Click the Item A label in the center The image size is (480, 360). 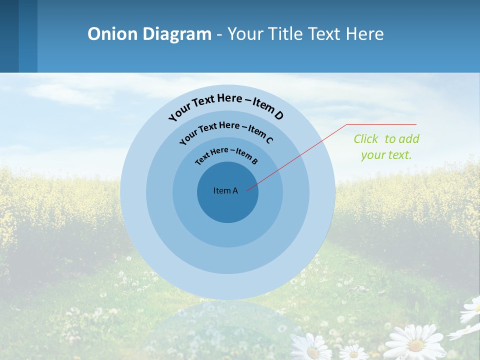[225, 190]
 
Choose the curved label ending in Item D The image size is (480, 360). [226, 104]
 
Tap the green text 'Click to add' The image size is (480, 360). [386, 139]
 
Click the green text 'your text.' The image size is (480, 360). [386, 155]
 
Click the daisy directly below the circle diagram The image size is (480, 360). [310, 347]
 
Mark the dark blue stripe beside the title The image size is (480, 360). [9, 36]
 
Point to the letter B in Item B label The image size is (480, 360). [254, 161]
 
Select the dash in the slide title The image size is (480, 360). [219, 34]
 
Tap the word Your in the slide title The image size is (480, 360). [245, 34]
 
